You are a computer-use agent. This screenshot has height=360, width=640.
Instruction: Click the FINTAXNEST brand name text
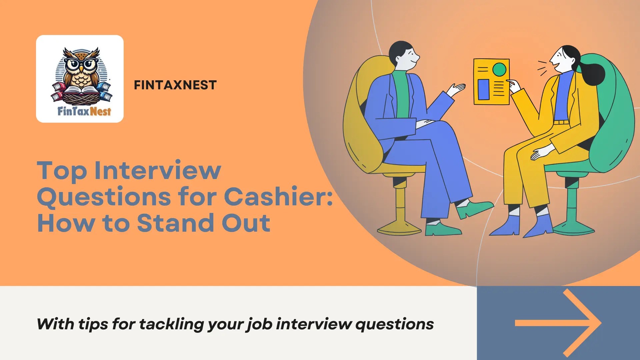click(175, 85)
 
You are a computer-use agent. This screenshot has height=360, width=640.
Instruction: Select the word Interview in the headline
click(158, 170)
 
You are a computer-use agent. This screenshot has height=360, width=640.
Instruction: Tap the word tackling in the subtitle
click(171, 324)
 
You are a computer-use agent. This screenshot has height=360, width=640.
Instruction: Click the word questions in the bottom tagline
click(394, 324)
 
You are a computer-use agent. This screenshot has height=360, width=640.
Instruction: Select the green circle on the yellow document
click(499, 70)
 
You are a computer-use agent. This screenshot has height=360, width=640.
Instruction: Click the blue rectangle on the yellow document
click(483, 89)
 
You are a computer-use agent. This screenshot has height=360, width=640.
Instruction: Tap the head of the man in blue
click(404, 55)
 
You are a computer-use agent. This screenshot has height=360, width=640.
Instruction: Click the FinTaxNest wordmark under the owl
click(84, 111)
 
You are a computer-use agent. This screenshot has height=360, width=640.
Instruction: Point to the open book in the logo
click(81, 90)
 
